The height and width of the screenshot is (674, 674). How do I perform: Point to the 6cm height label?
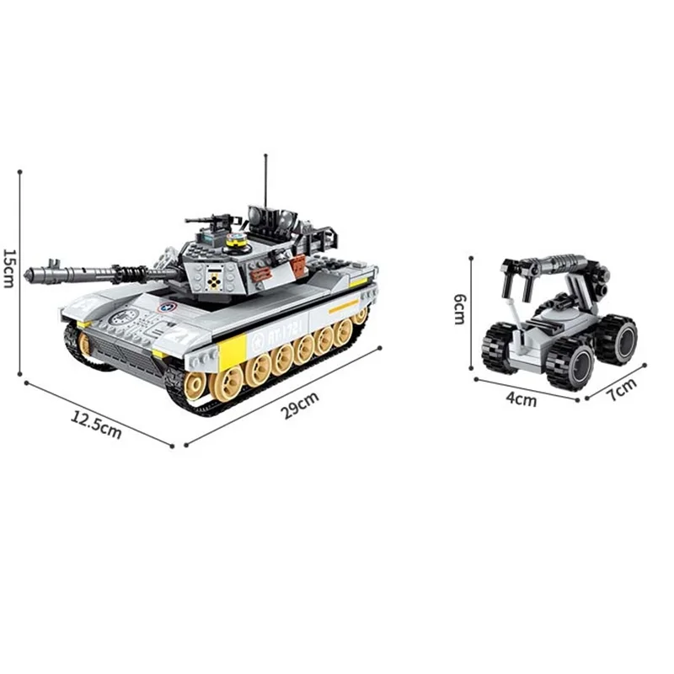pos(459,309)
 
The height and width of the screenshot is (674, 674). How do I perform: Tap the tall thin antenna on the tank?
pos(266,181)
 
